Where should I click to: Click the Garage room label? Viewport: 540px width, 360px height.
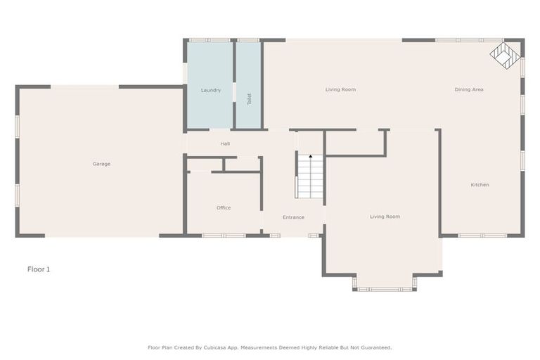point(101,164)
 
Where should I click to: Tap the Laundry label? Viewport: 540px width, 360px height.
point(211,90)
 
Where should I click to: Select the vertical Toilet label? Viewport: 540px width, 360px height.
point(249,99)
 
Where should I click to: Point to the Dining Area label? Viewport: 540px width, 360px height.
point(469,89)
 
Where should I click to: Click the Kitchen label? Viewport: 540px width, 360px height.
point(480,185)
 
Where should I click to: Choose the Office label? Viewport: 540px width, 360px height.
point(224,207)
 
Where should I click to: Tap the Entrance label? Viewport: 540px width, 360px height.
point(293,217)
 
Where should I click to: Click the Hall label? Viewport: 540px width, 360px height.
point(225,143)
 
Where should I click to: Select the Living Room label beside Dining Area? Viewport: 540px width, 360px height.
point(340,89)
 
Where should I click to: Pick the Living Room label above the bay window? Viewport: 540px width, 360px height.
point(385,217)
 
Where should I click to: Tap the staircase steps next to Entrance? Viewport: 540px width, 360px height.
point(310,177)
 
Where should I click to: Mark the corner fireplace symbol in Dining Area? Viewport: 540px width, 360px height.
point(504,55)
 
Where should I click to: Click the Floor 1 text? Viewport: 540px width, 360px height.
point(39,269)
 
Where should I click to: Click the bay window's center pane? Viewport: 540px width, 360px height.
point(385,289)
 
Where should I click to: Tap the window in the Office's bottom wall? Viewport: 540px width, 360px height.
point(224,236)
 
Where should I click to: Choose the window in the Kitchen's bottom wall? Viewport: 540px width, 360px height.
point(482,236)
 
